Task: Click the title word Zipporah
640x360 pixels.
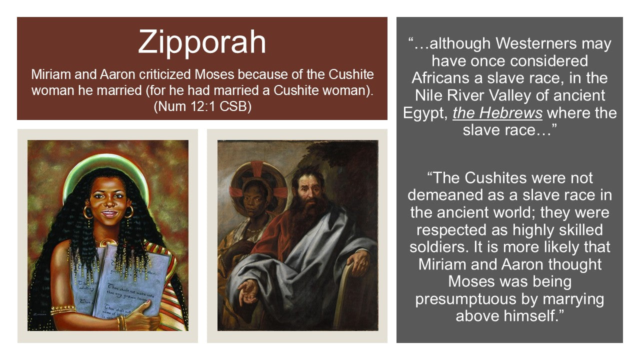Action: tap(202, 41)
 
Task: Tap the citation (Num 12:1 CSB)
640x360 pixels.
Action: tap(202, 107)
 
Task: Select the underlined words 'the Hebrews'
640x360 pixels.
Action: tap(497, 113)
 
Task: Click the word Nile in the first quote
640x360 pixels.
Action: tap(431, 95)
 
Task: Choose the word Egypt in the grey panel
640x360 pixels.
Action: tap(425, 113)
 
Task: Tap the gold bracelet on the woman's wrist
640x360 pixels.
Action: tap(121, 322)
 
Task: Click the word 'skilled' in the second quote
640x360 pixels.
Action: tap(576, 230)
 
